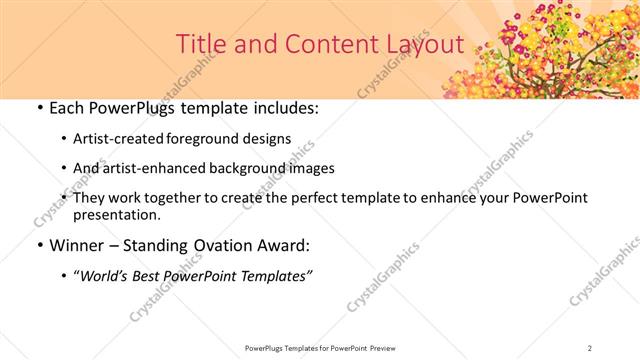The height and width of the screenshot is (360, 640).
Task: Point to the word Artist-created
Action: pos(120,140)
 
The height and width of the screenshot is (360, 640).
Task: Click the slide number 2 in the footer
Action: pos(590,347)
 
